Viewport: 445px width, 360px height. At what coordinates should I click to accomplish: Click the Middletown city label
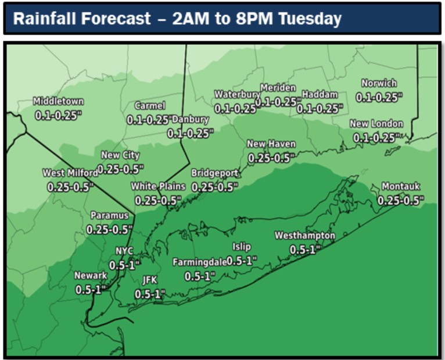[x=58, y=101]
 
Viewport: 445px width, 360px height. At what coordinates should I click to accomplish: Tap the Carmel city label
[x=150, y=106]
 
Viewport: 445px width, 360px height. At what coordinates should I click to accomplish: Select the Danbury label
[x=191, y=119]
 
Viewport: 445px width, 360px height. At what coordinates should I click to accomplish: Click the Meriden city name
[x=278, y=87]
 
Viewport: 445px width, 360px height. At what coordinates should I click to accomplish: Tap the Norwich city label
[x=379, y=83]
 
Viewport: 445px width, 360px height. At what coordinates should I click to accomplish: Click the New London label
[x=376, y=124]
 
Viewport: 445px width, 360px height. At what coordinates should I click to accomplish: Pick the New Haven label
[x=271, y=144]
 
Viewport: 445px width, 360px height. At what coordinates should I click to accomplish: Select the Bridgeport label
[x=215, y=173]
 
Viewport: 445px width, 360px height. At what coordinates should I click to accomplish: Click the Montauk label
[x=400, y=187]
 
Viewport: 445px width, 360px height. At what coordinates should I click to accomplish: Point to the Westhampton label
[x=304, y=236]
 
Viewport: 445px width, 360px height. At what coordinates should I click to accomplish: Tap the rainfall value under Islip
[x=242, y=261]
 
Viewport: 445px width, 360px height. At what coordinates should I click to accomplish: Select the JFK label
[x=150, y=280]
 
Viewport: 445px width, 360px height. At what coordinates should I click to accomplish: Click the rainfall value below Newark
[x=92, y=289]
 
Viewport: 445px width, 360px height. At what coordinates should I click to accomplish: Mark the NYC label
[x=124, y=251]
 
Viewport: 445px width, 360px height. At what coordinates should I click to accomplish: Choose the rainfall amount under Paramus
[x=109, y=230]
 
